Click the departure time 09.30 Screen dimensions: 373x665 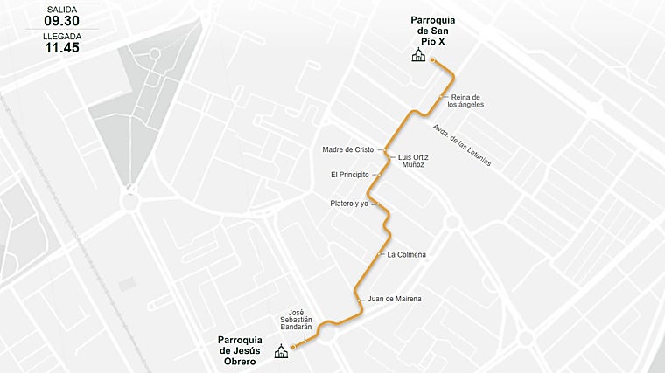pyautogui.click(x=61, y=20)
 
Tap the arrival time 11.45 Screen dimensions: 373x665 pyautogui.click(x=61, y=48)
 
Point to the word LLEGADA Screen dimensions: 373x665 pyautogui.click(x=61, y=36)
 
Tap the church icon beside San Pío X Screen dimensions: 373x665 pyautogui.click(x=418, y=56)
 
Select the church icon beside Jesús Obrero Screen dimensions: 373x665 pyautogui.click(x=281, y=352)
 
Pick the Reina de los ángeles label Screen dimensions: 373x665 pyautogui.click(x=465, y=100)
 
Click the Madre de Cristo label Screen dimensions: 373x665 pyautogui.click(x=347, y=149)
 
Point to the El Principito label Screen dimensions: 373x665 pyautogui.click(x=349, y=175)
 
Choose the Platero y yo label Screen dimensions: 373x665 pyautogui.click(x=349, y=204)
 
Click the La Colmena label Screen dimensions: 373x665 pyautogui.click(x=406, y=254)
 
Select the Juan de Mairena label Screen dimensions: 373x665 pyautogui.click(x=395, y=299)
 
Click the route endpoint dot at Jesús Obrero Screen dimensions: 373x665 pyautogui.click(x=293, y=347)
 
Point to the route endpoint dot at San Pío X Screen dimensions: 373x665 pyautogui.click(x=432, y=59)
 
